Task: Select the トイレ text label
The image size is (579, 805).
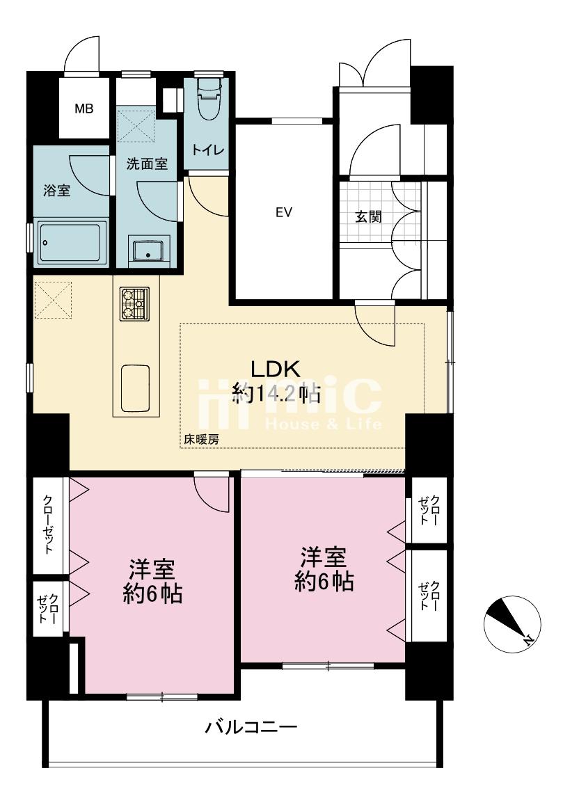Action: pyautogui.click(x=208, y=150)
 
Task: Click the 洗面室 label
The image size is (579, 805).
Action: pyautogui.click(x=147, y=164)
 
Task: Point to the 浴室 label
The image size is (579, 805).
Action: pyautogui.click(x=56, y=191)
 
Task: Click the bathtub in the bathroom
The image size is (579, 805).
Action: pyautogui.click(x=71, y=244)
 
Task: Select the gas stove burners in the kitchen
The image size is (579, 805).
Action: pyautogui.click(x=135, y=303)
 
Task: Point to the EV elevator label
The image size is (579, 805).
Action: pyautogui.click(x=284, y=212)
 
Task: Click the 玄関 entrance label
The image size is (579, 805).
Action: pyautogui.click(x=369, y=216)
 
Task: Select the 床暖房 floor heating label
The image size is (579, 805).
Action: pyautogui.click(x=202, y=440)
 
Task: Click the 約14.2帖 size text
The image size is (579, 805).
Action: pyautogui.click(x=277, y=394)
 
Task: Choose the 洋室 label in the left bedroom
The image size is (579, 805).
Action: pyautogui.click(x=152, y=569)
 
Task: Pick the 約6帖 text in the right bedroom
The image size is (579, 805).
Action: pyautogui.click(x=324, y=582)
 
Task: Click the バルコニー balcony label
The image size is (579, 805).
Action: pyautogui.click(x=251, y=727)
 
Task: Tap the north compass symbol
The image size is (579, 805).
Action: pyautogui.click(x=511, y=625)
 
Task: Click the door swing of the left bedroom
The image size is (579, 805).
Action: pyautogui.click(x=212, y=494)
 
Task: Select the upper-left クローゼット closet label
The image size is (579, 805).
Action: pyautogui.click(x=48, y=524)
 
